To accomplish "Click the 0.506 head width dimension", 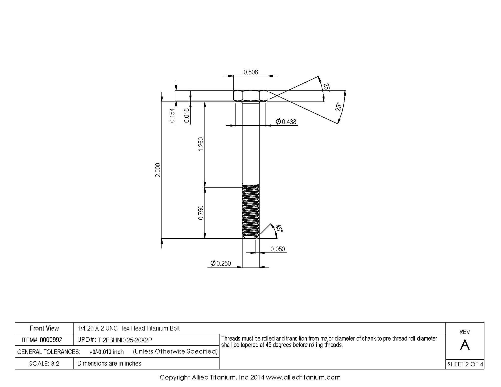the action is pos(250,72).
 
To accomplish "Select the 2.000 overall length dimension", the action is pos(158,170).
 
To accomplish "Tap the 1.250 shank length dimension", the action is pos(201,144).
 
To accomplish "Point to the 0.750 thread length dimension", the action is pos(201,213).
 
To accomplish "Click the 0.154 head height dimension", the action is pos(172,115).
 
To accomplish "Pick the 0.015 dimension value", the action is pos(187,115).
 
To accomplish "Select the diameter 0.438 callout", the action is pos(286,122).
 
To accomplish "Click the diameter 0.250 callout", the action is pos(220,263).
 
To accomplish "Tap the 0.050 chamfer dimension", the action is pos(278,249).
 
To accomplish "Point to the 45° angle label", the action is pos(279,228).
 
